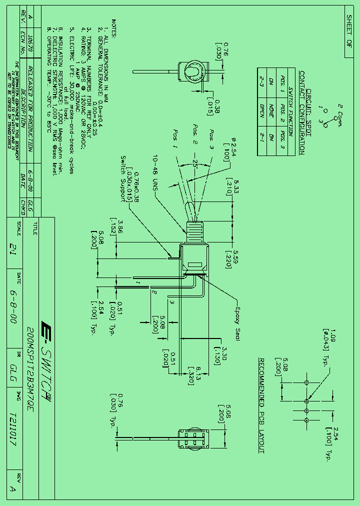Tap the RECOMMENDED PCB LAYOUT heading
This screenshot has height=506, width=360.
[x=261, y=406]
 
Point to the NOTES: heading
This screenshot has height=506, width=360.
[x=114, y=29]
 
